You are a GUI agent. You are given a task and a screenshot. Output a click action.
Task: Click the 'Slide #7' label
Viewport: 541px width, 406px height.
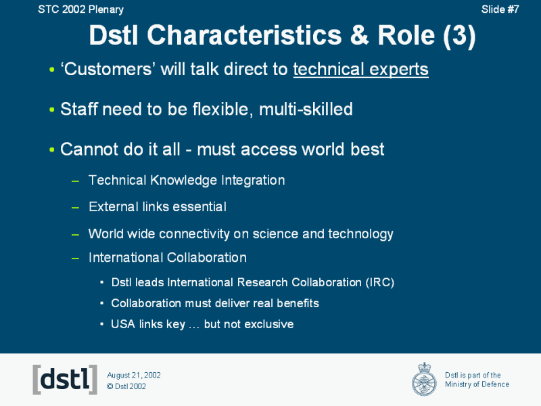500,9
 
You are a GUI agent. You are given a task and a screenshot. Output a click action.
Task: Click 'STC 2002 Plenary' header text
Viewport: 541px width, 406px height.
80,9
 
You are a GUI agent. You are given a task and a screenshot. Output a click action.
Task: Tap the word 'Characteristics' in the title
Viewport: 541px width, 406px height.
244,35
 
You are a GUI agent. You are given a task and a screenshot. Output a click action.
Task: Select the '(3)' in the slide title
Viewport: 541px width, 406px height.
459,36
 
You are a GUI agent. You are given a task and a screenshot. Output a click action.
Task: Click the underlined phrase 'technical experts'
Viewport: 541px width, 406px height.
361,70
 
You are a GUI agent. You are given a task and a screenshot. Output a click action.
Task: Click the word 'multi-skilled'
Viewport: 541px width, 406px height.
306,109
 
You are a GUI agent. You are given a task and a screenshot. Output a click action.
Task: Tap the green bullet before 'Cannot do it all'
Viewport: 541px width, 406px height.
52,150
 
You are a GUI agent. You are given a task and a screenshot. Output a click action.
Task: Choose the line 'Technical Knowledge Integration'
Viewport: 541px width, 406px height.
187,180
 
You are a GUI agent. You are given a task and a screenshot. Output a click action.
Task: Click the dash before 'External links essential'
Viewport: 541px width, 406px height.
75,208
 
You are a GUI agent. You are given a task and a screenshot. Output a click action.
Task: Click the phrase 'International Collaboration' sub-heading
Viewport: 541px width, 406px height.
167,258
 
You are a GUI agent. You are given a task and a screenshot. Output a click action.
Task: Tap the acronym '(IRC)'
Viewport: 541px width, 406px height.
379,282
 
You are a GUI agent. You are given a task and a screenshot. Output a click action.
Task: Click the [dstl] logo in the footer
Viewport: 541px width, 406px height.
65,380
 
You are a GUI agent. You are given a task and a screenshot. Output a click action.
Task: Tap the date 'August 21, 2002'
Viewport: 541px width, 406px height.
134,376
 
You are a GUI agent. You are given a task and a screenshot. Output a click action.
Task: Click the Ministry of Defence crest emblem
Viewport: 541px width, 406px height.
424,379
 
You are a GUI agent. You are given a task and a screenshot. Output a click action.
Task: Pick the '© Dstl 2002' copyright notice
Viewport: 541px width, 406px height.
126,386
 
